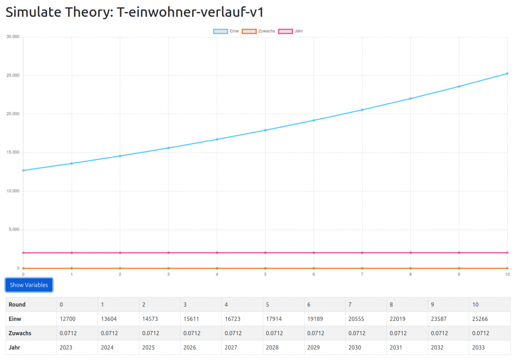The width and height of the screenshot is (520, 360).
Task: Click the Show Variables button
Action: [29, 285]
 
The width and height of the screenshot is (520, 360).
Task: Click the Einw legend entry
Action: [226, 31]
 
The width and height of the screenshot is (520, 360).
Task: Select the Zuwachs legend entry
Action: [258, 31]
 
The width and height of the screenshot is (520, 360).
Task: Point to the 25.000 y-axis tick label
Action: [12, 75]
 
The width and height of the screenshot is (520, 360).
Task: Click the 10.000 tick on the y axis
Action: [12, 191]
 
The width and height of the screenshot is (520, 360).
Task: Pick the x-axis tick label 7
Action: [362, 274]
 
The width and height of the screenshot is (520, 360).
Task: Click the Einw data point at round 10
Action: [507, 74]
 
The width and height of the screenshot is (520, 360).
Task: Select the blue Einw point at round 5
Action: [265, 130]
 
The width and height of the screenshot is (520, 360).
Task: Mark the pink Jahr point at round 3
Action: [168, 252]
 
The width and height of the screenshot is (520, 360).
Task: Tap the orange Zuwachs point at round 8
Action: [410, 268]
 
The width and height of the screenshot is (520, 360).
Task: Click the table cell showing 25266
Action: [480, 319]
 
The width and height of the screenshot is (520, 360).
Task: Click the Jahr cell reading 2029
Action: [314, 347]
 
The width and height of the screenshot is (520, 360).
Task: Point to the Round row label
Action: [17, 305]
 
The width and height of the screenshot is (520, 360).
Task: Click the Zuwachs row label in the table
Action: [20, 333]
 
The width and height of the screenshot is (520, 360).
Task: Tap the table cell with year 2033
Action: [479, 347]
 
